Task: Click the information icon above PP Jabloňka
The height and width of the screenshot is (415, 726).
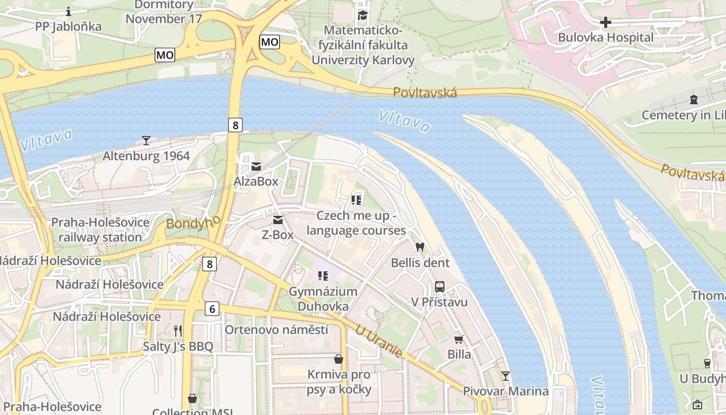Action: click(x=68, y=11)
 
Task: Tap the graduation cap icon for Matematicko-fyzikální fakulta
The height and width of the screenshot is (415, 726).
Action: click(x=362, y=15)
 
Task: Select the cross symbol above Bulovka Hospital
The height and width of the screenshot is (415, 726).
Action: click(x=605, y=22)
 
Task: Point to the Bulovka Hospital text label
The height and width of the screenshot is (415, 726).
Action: click(x=605, y=37)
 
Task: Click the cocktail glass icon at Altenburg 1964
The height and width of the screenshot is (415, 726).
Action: click(x=146, y=140)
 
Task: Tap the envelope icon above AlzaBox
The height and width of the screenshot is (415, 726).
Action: click(x=256, y=167)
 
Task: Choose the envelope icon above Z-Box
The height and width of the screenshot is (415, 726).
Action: click(x=278, y=220)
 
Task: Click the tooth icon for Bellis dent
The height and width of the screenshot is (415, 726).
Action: click(x=420, y=247)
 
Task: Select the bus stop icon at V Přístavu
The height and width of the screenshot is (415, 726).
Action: click(x=439, y=286)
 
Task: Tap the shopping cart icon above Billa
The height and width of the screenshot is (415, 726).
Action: click(x=459, y=340)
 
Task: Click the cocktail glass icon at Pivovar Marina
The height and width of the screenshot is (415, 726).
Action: click(x=506, y=376)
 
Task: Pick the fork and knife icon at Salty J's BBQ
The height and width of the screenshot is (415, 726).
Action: click(x=178, y=331)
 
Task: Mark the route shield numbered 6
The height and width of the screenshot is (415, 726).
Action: click(x=212, y=309)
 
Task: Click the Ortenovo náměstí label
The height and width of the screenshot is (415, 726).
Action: click(x=276, y=329)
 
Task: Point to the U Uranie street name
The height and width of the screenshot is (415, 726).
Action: click(x=379, y=341)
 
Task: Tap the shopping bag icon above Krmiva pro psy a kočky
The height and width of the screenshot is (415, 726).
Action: click(x=339, y=359)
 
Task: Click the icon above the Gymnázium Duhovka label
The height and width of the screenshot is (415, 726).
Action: click(x=323, y=276)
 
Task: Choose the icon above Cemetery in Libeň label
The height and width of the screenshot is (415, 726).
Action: click(x=693, y=100)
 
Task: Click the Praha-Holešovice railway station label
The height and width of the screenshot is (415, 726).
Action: click(x=100, y=230)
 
